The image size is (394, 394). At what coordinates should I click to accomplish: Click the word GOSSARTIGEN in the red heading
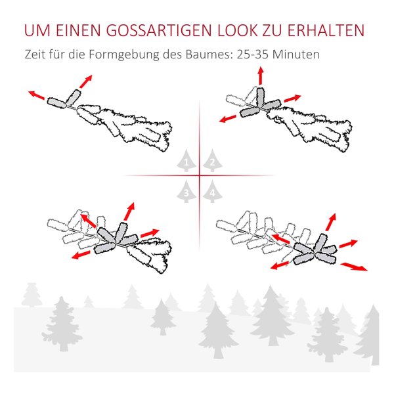click(x=160, y=30)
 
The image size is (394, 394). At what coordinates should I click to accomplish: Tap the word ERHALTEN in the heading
click(x=326, y=30)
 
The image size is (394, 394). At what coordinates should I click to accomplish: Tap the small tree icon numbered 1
click(x=186, y=160)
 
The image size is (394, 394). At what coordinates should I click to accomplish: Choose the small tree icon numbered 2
click(x=213, y=160)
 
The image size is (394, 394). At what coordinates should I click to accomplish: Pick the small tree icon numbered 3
click(x=186, y=191)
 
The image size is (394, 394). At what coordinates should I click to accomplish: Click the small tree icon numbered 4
click(x=213, y=191)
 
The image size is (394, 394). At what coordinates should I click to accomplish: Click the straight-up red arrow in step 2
click(x=261, y=76)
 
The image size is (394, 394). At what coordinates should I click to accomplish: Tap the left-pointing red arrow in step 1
click(x=37, y=95)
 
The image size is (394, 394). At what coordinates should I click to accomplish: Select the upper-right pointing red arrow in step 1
click(x=86, y=81)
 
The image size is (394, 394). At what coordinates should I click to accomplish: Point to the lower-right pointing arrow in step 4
click(x=354, y=267)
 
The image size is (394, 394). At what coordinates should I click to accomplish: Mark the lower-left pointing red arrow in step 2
click(x=228, y=118)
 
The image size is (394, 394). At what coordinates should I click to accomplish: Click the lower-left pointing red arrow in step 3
click(x=81, y=255)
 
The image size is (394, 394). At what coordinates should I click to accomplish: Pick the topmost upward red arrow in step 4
click(x=331, y=222)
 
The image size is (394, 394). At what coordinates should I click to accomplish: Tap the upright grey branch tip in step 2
click(x=261, y=98)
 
